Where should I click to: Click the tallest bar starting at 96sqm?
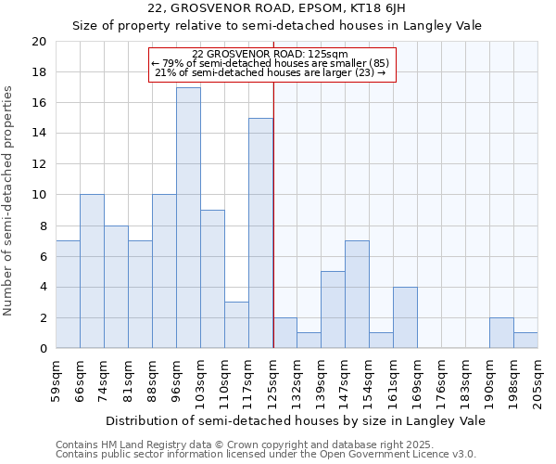pyautogui.click(x=188, y=218)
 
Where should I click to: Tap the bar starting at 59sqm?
pyautogui.click(x=68, y=294)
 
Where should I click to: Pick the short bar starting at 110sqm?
pyautogui.click(x=236, y=325)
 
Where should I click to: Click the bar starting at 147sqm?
pyautogui.click(x=357, y=294)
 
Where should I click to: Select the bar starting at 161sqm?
pyautogui.click(x=405, y=317)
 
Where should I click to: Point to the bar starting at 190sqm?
pyautogui.click(x=501, y=332)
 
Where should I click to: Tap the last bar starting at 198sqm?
pyautogui.click(x=525, y=340)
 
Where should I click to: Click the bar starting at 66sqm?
pyautogui.click(x=92, y=271)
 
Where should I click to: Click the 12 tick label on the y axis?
pyautogui.click(x=38, y=164)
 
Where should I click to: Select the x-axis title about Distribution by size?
pyautogui.click(x=296, y=421)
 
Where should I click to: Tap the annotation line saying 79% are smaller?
pyautogui.click(x=272, y=62)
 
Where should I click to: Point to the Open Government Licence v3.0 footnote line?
pyautogui.click(x=266, y=454)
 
